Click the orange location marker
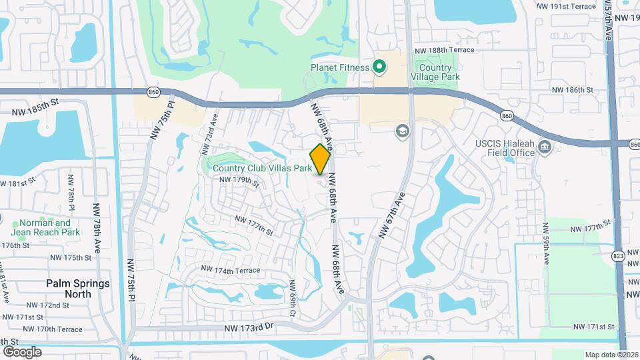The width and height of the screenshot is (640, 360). [x=320, y=159]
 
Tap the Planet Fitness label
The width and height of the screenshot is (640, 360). [x=340, y=67]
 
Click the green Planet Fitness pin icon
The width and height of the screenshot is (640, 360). [x=379, y=67]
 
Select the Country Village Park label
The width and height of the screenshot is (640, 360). [x=436, y=72]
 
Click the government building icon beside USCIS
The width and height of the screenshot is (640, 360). [x=545, y=147]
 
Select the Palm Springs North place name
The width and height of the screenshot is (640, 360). [x=77, y=288]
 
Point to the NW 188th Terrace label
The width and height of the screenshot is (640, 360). [x=444, y=50]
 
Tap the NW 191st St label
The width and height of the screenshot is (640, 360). [x=565, y=5]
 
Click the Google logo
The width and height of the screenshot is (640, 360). [x=22, y=351]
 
